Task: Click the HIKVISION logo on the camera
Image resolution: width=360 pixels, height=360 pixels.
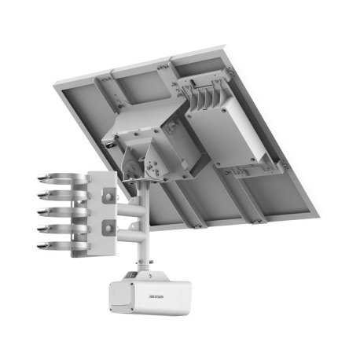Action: (157, 297)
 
